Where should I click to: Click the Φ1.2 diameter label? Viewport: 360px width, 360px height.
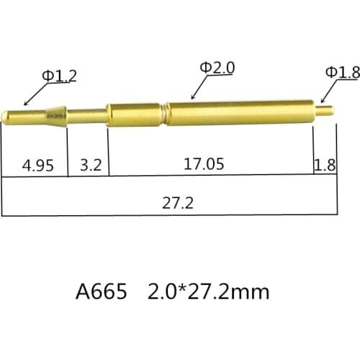coord(58,75)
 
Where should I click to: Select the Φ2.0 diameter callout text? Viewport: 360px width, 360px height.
coord(217,68)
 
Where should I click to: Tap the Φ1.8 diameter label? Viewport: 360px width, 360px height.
coord(342,72)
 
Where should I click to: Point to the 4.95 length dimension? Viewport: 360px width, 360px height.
coord(37,165)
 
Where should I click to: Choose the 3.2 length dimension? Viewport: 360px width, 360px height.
coord(89,165)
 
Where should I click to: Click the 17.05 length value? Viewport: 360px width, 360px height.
coord(204,164)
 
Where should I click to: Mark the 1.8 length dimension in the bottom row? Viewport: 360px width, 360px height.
coord(325,165)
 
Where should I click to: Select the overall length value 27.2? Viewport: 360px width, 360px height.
coord(178,202)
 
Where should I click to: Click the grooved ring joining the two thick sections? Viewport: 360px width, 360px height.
coord(165,113)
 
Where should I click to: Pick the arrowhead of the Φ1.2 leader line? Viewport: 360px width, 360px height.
coord(26,104)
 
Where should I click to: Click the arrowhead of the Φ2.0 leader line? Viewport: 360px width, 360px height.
coord(191,96)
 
